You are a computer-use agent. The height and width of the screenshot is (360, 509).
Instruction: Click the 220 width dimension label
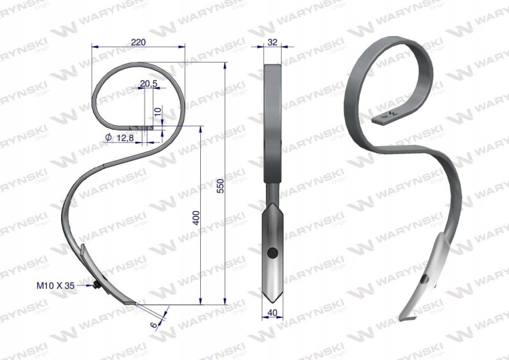coord(138,42)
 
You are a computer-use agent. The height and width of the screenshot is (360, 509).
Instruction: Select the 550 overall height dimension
coord(221,185)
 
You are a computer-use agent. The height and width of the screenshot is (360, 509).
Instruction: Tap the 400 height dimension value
coord(196,217)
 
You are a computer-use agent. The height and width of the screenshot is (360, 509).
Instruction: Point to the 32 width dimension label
coord(273,42)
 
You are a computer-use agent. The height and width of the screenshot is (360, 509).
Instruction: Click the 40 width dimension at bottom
coord(273,312)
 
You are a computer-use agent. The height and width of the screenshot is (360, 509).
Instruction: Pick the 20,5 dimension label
coord(149,84)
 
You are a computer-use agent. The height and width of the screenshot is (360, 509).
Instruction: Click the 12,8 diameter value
coord(125,138)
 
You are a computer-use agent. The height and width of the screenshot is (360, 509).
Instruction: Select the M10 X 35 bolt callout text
coord(56,286)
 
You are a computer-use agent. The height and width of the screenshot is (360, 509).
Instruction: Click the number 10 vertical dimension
coord(157,112)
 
